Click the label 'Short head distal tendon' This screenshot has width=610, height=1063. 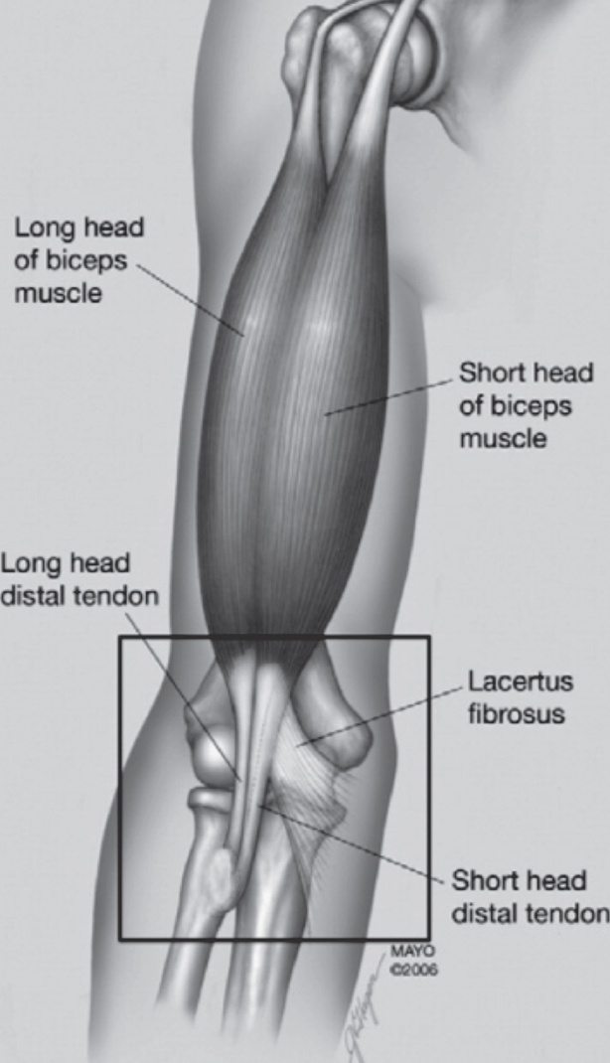click(528, 897)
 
